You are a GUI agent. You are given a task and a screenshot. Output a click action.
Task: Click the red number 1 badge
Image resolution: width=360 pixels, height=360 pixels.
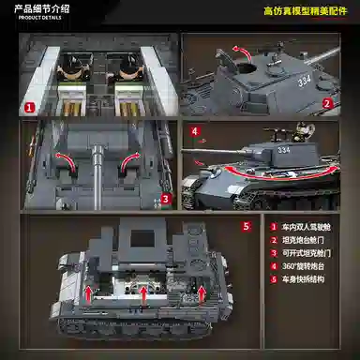click(29, 108)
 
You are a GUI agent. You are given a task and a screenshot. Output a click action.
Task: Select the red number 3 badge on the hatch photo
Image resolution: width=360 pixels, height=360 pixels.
click(164, 198)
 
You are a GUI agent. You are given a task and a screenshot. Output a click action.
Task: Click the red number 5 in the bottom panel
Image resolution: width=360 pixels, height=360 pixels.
click(247, 226)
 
